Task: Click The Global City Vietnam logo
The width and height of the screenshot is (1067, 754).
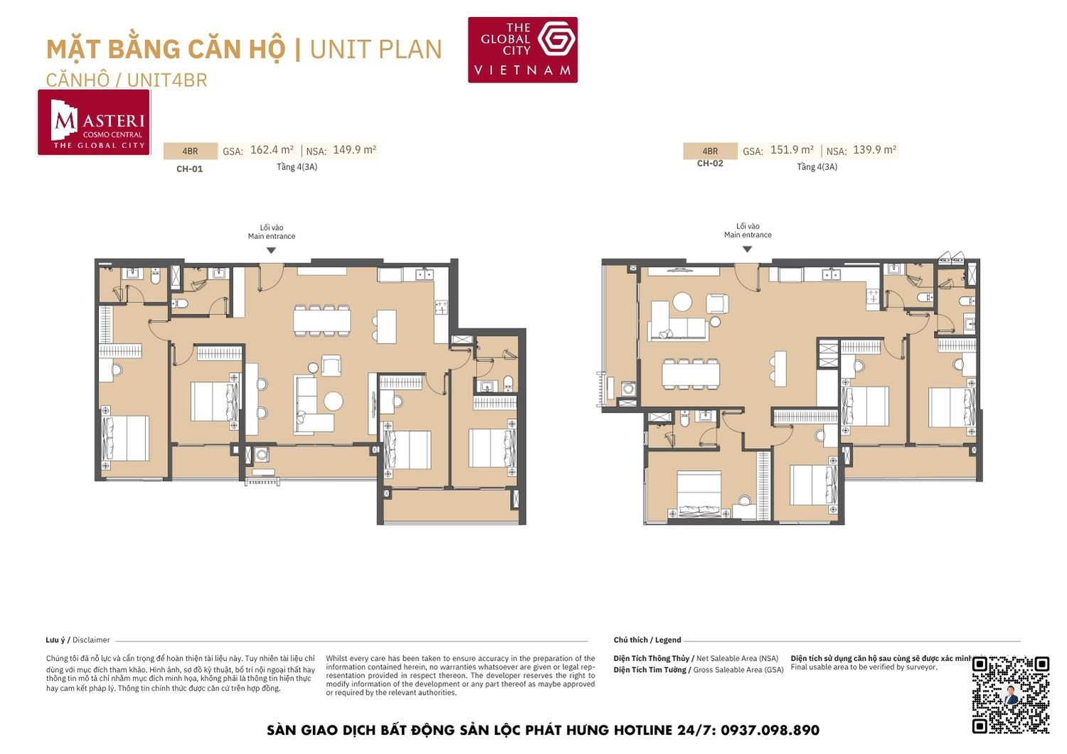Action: click(522, 50)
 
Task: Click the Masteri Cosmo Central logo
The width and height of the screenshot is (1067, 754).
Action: click(94, 122)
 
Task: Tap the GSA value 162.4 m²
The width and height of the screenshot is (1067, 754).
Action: click(272, 150)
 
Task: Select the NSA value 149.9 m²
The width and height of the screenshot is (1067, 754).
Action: click(354, 150)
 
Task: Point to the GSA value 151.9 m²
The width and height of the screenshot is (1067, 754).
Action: click(792, 150)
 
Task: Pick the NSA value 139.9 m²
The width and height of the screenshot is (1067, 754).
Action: click(874, 150)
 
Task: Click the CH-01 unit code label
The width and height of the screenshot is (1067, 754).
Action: click(190, 169)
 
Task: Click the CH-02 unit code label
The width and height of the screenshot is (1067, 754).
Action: click(710, 164)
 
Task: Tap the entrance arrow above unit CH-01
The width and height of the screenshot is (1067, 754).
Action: click(271, 250)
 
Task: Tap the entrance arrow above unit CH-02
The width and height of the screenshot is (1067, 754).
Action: click(747, 249)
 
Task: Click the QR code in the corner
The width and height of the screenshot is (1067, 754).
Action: click(1011, 694)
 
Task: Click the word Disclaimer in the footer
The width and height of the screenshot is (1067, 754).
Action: click(91, 640)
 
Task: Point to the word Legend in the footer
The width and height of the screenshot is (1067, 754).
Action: click(668, 640)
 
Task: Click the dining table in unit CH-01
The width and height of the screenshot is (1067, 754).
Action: click(322, 320)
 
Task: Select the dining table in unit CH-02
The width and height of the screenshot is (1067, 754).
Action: click(690, 374)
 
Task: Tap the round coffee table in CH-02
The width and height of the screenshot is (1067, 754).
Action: click(682, 302)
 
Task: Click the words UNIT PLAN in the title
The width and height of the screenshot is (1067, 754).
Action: click(376, 50)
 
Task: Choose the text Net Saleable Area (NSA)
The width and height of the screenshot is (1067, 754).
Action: click(737, 659)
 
